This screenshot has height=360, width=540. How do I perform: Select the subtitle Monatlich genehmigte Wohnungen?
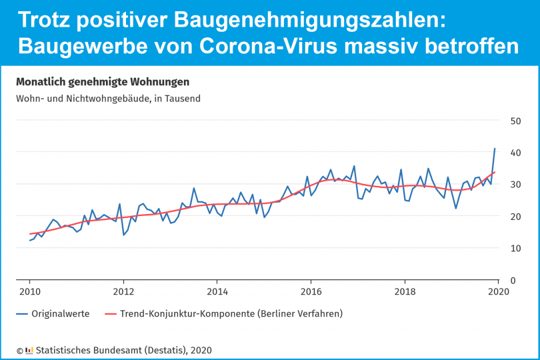[102, 82]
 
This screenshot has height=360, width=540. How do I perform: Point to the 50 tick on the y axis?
[497, 121]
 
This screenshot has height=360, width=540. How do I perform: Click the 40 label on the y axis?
[497, 153]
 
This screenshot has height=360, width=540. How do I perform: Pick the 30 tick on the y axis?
[497, 185]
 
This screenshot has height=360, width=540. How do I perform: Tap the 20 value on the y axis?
[497, 217]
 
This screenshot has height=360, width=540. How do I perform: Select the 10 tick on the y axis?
[497, 248]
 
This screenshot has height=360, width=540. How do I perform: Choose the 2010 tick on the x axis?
[29, 291]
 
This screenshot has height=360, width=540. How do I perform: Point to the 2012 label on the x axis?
[123, 291]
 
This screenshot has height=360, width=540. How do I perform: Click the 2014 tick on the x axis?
[217, 291]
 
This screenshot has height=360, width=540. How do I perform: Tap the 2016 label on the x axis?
[311, 291]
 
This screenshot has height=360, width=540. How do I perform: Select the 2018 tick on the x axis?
[405, 291]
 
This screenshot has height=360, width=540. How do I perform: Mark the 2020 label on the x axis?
[499, 291]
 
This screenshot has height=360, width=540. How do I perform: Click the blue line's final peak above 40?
[495, 149]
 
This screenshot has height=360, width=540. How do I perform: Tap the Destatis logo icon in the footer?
[29, 350]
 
